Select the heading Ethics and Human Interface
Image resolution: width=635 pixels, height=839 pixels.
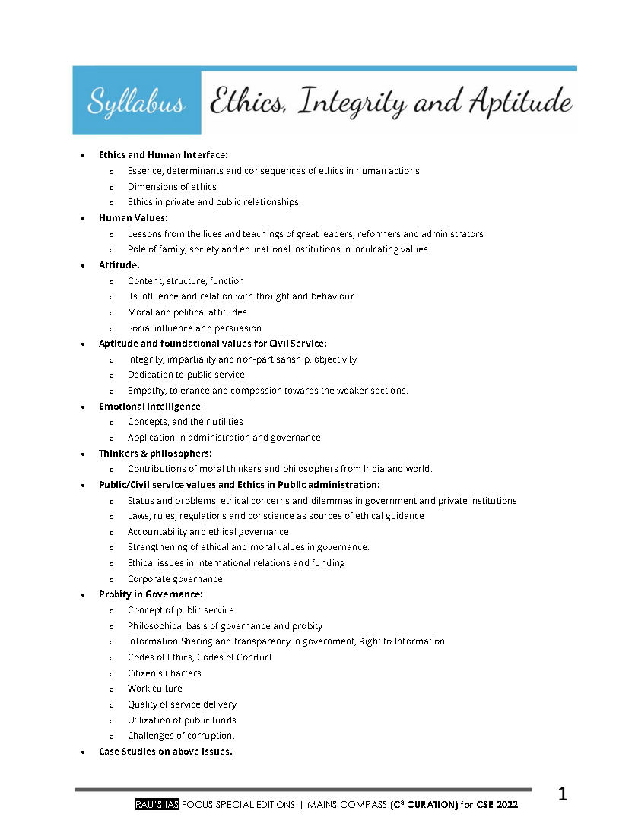click(163, 155)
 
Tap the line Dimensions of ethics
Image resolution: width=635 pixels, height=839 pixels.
click(172, 187)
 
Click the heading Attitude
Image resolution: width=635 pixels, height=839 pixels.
click(119, 265)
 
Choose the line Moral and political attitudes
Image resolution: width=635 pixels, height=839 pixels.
click(187, 312)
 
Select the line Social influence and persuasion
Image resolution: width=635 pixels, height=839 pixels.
click(194, 328)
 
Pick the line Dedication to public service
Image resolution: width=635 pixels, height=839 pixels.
click(186, 375)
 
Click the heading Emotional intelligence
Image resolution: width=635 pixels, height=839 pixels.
click(151, 407)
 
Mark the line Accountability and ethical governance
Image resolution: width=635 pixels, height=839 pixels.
click(208, 532)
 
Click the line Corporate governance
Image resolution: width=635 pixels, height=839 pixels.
click(176, 579)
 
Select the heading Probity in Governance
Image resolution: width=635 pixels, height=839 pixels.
click(151, 594)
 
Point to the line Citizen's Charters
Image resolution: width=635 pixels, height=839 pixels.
click(164, 673)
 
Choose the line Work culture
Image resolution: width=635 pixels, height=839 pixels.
click(154, 689)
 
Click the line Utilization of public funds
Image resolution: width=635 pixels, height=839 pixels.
click(182, 720)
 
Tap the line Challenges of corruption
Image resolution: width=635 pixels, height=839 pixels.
click(181, 736)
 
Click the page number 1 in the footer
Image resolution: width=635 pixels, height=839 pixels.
click(563, 796)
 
